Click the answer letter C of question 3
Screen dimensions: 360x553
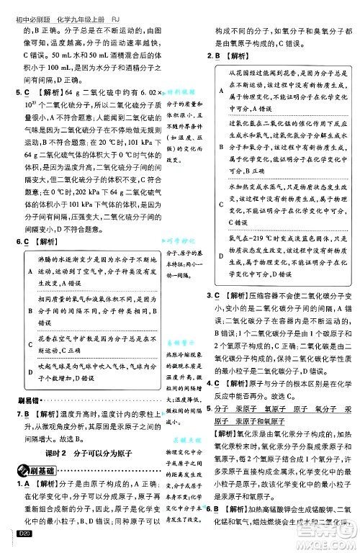[x=217, y=296]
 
